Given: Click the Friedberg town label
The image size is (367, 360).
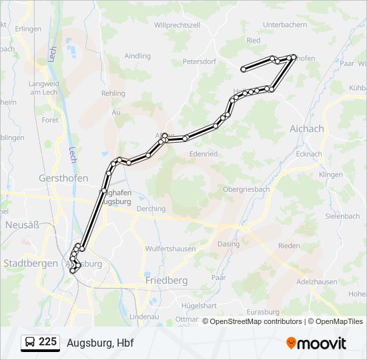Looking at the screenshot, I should [166, 281].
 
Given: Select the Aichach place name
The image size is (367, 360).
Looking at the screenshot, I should [307, 129].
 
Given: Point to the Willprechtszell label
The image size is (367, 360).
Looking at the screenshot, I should [177, 25].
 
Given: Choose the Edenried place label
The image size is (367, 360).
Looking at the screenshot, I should [204, 153].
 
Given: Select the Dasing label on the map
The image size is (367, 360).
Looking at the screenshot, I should [229, 244].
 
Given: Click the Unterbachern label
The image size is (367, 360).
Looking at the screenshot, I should [285, 25].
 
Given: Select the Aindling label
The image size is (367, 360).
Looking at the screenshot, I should [137, 56].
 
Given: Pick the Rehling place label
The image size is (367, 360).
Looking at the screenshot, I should [113, 93].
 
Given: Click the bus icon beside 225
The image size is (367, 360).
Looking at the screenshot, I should [30, 342].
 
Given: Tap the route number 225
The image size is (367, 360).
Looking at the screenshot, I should [47, 342].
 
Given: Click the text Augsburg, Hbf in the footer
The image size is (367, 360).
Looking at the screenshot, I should [101, 343].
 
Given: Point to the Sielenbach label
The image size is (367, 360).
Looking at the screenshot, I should [342, 216].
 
